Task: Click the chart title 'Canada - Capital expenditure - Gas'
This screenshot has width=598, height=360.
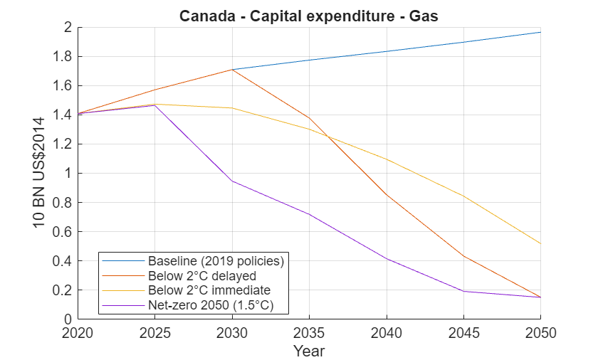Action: click(308, 15)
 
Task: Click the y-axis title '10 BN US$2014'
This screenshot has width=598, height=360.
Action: click(40, 174)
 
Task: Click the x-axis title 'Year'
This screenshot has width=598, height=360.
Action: click(309, 351)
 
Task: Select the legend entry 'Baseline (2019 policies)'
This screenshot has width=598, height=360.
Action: click(216, 260)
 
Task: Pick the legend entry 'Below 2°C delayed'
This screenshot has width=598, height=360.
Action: click(201, 275)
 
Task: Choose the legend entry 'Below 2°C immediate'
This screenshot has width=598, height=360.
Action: click(209, 290)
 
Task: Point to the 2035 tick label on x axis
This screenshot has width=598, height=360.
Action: click(309, 332)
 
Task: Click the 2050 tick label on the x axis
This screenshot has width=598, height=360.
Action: click(540, 332)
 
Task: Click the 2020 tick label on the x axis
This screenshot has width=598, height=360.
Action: click(78, 332)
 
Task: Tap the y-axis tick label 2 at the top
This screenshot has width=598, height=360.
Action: click(69, 28)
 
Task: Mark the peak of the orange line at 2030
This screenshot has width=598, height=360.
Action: click(233, 70)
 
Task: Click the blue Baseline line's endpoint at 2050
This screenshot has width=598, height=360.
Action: click(540, 32)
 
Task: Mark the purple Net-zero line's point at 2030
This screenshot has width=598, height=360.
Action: click(233, 181)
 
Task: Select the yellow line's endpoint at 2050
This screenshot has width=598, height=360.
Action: click(540, 244)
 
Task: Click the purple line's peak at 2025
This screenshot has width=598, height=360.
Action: click(155, 105)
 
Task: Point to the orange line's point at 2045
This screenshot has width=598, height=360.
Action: click(463, 256)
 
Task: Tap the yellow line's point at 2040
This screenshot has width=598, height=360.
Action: click(387, 159)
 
